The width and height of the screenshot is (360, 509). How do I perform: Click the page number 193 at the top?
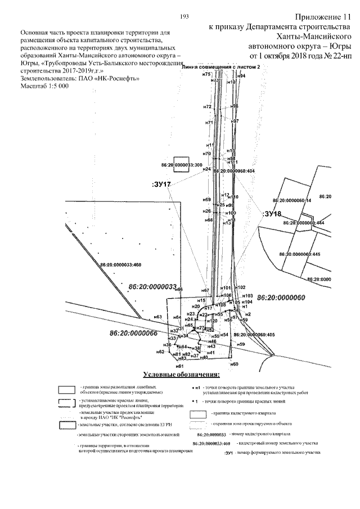click(x=183, y=17)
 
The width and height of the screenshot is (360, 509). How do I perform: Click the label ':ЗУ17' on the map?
click(x=161, y=184)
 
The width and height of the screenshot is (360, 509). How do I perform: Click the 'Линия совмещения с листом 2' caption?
click(x=222, y=66)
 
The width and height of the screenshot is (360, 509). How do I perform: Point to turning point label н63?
click(x=158, y=317)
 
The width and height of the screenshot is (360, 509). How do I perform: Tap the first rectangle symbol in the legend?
click(x=68, y=390)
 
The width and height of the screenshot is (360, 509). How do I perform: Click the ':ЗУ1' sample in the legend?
click(x=228, y=453)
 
